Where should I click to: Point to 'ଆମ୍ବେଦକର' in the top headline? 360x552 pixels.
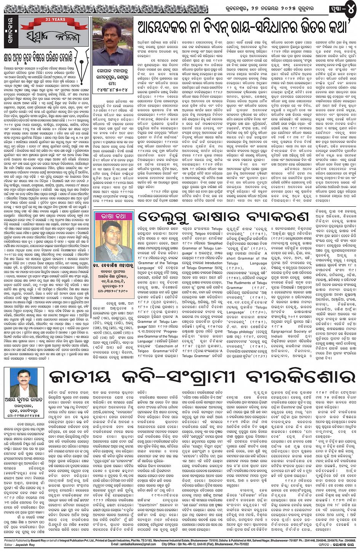coord(168,27)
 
